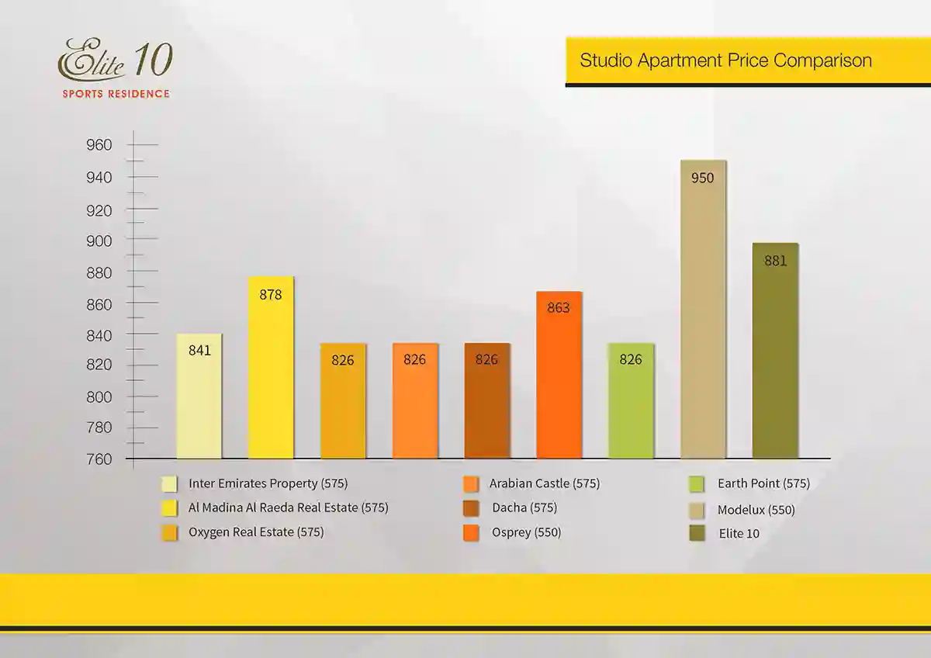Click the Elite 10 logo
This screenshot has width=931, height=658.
(x=115, y=61)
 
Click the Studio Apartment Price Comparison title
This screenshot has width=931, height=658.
(x=725, y=61)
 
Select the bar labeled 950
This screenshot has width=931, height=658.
(x=703, y=310)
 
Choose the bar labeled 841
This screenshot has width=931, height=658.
(x=199, y=396)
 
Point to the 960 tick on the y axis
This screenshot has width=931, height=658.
(x=99, y=145)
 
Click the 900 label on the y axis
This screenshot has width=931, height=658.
(x=99, y=241)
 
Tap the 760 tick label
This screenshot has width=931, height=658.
(x=99, y=459)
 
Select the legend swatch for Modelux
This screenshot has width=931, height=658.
(x=696, y=511)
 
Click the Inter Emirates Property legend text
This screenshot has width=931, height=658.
(x=268, y=483)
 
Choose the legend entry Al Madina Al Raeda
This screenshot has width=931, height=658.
(x=288, y=507)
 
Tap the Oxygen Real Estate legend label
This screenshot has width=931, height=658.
(x=256, y=532)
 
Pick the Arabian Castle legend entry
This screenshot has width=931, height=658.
(x=544, y=483)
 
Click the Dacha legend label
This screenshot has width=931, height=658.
(x=524, y=508)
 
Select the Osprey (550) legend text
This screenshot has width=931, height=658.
(x=526, y=533)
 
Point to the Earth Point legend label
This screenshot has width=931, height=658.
(x=763, y=483)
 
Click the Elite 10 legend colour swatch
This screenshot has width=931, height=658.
(x=696, y=534)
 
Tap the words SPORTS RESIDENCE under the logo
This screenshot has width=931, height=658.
(x=116, y=94)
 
